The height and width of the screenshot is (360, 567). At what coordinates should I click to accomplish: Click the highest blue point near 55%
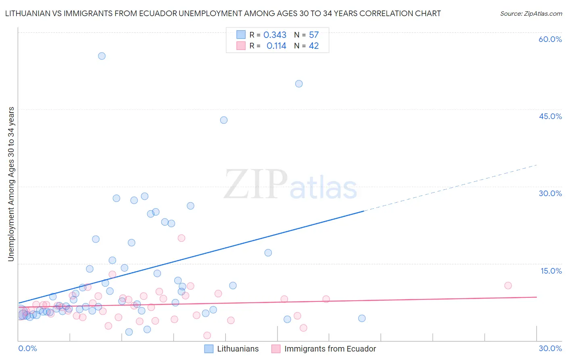102,56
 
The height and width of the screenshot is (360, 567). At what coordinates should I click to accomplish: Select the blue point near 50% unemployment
299,84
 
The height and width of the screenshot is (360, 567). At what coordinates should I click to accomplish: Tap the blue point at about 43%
224,120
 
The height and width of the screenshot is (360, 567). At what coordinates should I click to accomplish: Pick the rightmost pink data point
508,286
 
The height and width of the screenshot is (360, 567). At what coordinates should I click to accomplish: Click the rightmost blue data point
362,318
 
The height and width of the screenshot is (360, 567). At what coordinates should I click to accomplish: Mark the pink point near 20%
181,238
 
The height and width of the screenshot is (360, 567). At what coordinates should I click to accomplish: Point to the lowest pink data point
207,335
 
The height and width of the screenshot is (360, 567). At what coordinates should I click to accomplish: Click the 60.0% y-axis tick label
550,39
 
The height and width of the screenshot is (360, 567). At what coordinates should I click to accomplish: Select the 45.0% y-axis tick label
550,116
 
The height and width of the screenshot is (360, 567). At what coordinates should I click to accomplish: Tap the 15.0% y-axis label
551,271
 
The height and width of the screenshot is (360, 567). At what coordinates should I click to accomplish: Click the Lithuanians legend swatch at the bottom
208,349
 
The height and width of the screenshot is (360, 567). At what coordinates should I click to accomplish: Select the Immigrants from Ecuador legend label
330,349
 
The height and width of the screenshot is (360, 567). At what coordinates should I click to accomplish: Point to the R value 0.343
275,35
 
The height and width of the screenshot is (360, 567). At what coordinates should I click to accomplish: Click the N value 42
314,46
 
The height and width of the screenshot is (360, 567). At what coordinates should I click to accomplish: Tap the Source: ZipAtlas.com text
531,13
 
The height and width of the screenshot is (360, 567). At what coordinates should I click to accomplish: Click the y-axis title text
11,184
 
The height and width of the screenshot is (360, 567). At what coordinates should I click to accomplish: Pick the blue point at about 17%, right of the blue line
268,253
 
